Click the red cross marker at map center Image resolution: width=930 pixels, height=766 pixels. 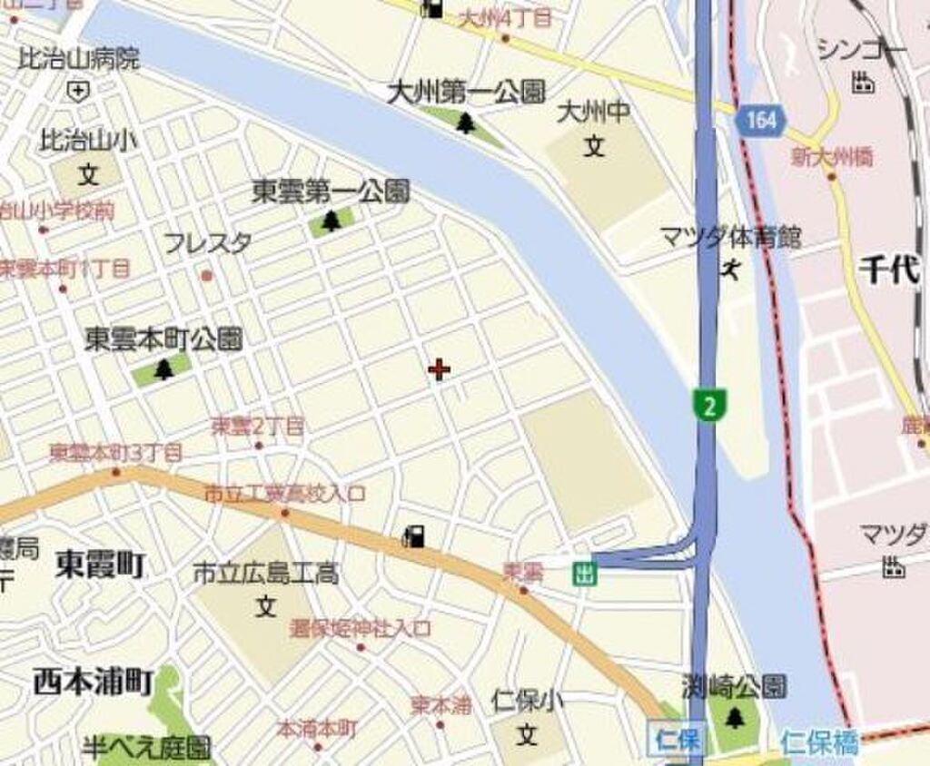(439, 369)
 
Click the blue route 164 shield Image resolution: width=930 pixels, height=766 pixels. (759, 121)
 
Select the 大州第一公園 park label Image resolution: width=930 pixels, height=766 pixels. (466, 93)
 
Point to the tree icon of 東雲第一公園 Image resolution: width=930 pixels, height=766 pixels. (331, 221)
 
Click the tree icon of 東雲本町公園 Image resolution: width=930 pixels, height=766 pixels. (163, 368)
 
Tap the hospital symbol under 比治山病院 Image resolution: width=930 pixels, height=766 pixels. (78, 90)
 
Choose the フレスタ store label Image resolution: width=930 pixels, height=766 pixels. (208, 243)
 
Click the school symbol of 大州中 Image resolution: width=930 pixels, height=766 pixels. (594, 145)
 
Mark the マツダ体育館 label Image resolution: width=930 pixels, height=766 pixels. (731, 239)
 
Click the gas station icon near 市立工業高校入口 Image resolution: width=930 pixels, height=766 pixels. (414, 536)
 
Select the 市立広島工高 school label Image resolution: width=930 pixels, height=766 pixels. (265, 574)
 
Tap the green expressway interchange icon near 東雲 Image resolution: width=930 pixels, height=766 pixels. (585, 574)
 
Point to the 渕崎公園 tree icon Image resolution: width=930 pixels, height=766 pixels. (734, 719)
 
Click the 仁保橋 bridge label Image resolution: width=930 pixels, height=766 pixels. (818, 743)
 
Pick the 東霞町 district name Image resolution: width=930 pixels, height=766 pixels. (100, 565)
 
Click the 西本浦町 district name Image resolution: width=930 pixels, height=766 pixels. (94, 682)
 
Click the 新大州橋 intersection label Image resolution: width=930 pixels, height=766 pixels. (832, 157)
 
